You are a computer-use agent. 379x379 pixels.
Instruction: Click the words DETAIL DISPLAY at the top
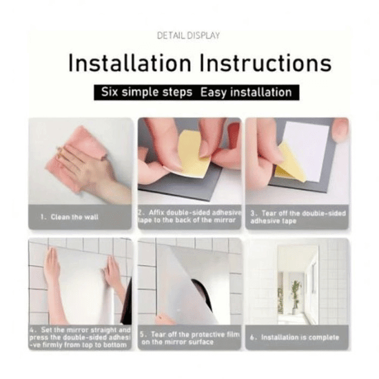pos(188,36)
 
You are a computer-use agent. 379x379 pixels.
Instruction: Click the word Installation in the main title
pos(130,63)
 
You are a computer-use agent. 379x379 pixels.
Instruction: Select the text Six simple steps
pos(147,92)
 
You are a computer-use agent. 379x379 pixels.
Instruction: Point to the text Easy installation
pos(246,92)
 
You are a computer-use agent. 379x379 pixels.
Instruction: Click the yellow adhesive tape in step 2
pos(191,154)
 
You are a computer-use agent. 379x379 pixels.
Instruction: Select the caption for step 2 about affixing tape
pos(189,216)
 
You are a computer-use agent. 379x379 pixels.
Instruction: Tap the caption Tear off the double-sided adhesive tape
pos(298,217)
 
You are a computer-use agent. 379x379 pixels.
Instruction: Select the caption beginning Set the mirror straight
pos(80,338)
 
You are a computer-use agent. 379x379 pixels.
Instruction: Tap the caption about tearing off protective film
pos(190,338)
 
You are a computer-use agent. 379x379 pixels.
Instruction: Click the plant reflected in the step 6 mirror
pos(296,296)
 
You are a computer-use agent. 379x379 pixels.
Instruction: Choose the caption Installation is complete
pos(295,338)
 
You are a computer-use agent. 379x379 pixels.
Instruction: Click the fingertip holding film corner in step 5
pos(165,318)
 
